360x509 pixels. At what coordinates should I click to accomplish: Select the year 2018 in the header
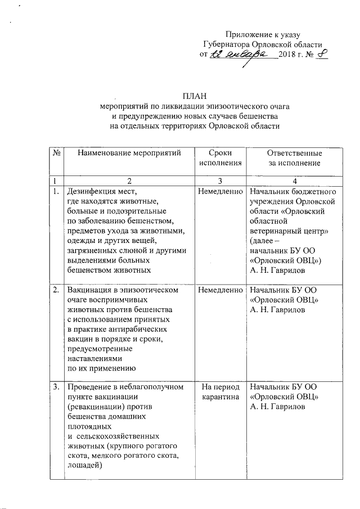(x=288, y=55)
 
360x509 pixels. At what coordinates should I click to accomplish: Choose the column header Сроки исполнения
(x=219, y=158)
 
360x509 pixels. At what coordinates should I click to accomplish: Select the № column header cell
(x=57, y=153)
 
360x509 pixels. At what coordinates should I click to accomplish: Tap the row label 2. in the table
(x=56, y=290)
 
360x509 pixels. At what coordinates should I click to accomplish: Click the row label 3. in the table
(x=56, y=387)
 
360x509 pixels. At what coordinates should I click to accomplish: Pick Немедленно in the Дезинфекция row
(x=219, y=191)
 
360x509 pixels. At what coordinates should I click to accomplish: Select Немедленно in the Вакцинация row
(x=219, y=290)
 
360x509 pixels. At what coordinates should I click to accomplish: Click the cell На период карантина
(x=219, y=392)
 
